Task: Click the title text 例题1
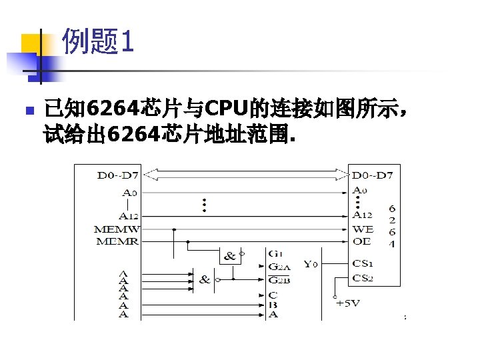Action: [x=98, y=43]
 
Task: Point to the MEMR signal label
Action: [x=118, y=241]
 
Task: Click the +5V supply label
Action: [x=349, y=303]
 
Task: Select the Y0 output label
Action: [x=311, y=264]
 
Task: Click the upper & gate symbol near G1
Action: [x=230, y=255]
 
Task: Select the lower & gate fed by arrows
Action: [x=205, y=279]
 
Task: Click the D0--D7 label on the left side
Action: [x=118, y=176]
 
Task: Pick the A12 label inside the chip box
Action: [x=362, y=215]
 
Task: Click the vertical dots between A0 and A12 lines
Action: [x=204, y=205]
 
